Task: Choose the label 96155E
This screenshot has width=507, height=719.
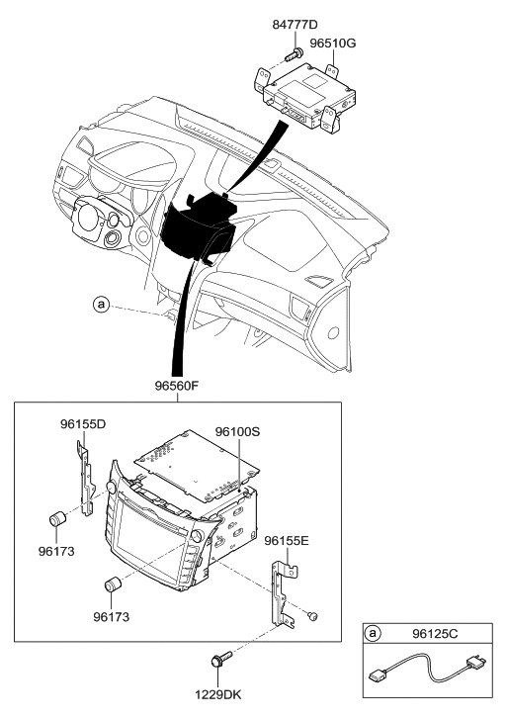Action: pos(288,541)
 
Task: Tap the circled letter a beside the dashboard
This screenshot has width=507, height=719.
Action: pos(101,305)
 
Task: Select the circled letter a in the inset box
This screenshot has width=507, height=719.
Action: pos(373,632)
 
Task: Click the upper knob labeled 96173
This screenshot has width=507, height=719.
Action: pos(58,518)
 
